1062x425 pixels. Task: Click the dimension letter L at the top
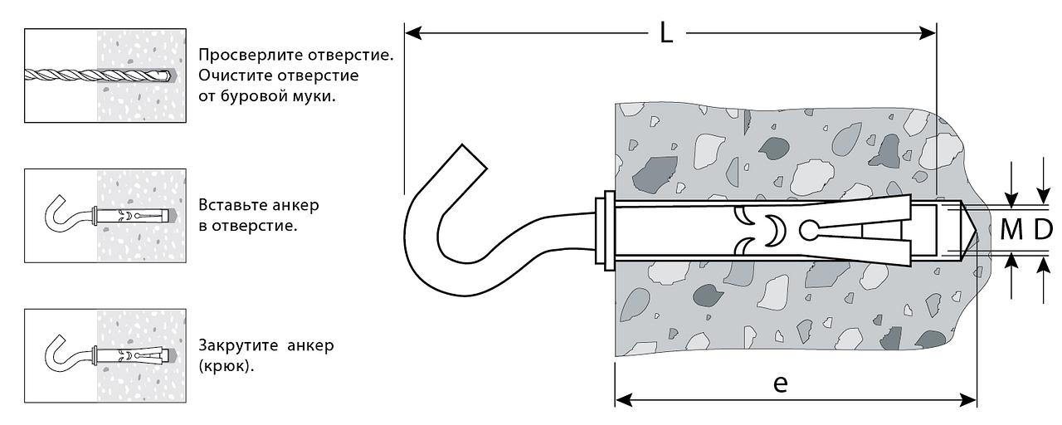point(666,33)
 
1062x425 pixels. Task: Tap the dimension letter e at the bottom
point(781,383)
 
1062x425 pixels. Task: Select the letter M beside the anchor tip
point(1011,230)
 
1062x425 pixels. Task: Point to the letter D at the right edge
point(1043,230)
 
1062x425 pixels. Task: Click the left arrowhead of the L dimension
point(413,33)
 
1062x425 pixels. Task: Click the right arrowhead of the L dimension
point(928,33)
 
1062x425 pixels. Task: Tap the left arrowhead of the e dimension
point(623,400)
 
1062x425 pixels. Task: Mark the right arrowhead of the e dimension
point(968,400)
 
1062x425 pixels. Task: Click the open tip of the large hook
point(474,157)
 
